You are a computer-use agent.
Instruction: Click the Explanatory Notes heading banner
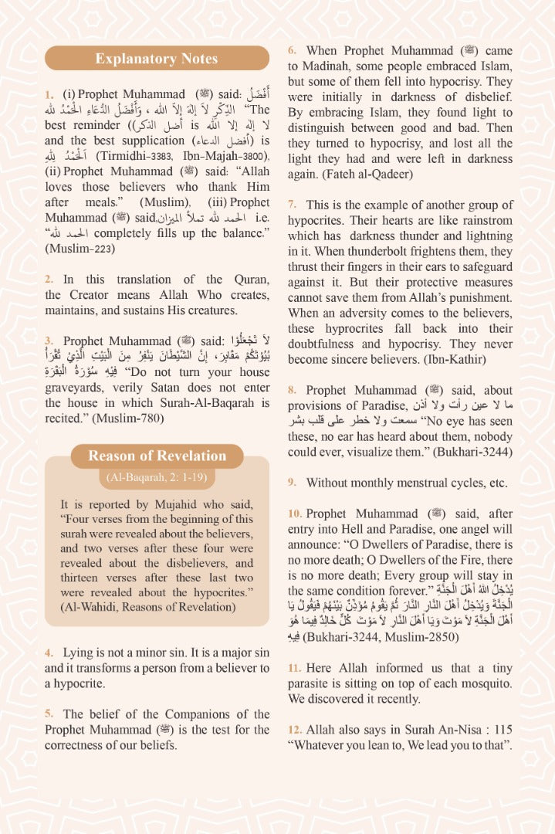click(x=156, y=59)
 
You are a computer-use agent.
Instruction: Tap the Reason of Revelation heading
click(x=157, y=456)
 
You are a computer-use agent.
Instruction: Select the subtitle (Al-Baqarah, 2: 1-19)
click(x=157, y=477)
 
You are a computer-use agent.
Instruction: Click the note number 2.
click(x=48, y=280)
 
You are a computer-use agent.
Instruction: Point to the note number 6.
click(x=292, y=51)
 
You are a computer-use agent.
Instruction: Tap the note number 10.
click(x=294, y=514)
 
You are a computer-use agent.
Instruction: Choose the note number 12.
click(x=294, y=730)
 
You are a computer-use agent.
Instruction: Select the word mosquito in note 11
click(x=485, y=684)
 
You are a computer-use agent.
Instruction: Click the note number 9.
click(x=292, y=483)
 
